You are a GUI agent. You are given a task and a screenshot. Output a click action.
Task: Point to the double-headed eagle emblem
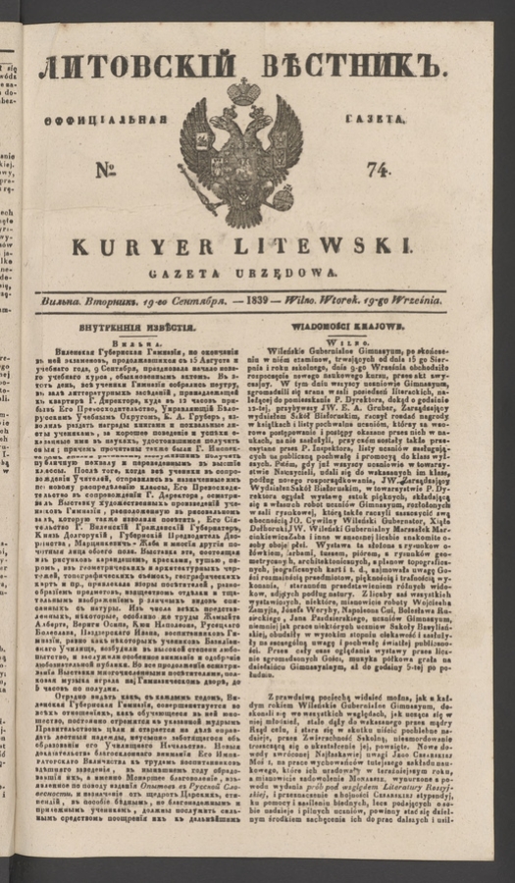(x=242, y=152)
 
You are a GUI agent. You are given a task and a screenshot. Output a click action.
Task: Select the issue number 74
(x=377, y=169)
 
